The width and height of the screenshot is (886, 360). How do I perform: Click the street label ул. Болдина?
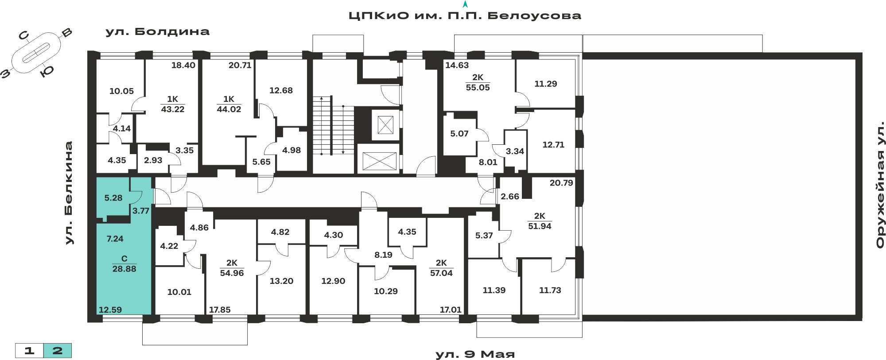click(157, 32)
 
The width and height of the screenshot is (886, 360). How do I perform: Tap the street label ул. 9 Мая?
click(475, 354)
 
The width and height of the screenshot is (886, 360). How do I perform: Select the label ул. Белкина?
click(68, 193)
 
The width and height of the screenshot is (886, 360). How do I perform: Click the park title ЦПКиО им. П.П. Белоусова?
click(465, 16)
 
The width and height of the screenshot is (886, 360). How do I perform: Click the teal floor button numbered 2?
click(58, 351)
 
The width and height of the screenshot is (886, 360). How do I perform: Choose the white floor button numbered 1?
click(29, 351)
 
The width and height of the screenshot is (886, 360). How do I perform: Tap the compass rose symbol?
click(36, 54)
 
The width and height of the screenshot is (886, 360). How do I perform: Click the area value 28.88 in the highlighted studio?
click(124, 269)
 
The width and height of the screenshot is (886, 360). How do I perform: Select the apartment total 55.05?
click(478, 88)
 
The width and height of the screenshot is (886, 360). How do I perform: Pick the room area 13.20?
click(281, 281)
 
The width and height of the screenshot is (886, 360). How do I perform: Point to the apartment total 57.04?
click(441, 273)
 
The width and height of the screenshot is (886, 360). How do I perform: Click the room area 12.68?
click(281, 90)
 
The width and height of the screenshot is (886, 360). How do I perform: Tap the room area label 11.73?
click(550, 290)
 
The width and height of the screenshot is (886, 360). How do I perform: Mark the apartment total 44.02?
click(229, 109)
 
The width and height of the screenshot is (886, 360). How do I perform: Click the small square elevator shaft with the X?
click(385, 125)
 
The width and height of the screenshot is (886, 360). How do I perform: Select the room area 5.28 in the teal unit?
click(113, 198)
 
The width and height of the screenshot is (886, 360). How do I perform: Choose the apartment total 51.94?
click(540, 226)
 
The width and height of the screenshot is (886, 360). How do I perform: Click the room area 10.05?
click(121, 91)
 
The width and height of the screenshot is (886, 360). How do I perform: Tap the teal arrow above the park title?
click(465, 4)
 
